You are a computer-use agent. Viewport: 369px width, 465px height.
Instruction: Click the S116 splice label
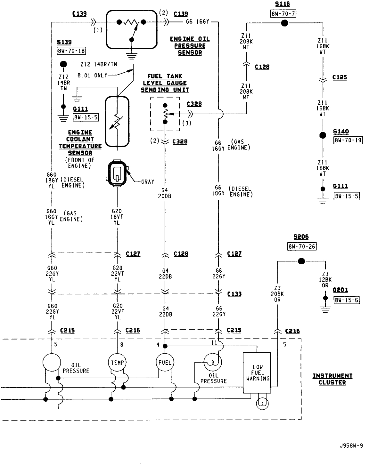coord(282,4)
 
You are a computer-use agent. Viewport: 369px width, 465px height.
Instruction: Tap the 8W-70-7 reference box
coord(283,14)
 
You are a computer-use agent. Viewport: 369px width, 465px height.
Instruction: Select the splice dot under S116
coord(284,23)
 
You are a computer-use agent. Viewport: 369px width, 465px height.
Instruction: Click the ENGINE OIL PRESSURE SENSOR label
coord(190,46)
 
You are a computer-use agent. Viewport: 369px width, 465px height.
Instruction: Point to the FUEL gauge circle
coord(165,362)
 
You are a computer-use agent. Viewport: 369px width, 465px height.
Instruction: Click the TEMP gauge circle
coord(117,362)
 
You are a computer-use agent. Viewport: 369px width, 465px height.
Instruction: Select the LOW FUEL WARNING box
coord(257,373)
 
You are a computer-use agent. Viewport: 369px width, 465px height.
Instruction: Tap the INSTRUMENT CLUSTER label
coord(332,379)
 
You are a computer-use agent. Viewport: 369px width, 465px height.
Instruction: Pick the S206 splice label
coord(301,237)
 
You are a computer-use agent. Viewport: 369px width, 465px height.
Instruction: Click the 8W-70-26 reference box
coord(302,247)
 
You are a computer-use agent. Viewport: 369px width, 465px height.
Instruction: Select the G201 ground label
coord(340,290)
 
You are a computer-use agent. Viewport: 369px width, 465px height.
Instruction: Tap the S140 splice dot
coord(323,135)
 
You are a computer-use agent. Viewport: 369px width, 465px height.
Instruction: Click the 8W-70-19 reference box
coord(348,140)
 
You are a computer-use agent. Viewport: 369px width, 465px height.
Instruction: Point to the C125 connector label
coord(340,77)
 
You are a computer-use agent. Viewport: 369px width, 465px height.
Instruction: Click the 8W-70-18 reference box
coord(71,51)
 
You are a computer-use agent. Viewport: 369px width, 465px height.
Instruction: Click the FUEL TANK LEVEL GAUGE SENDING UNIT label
coord(165,83)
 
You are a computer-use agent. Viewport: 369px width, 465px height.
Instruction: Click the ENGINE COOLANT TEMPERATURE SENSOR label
coord(80,143)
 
